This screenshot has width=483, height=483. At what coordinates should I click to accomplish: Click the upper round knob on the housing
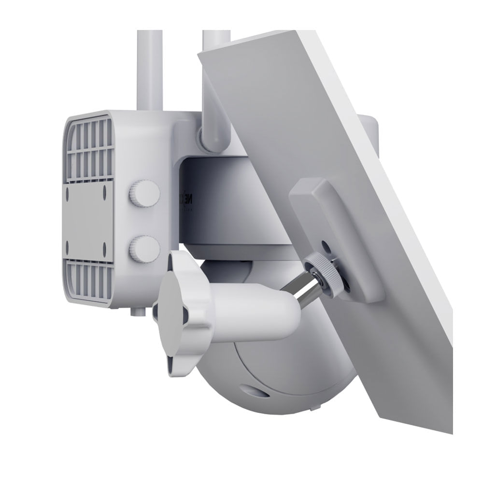tap(144, 193)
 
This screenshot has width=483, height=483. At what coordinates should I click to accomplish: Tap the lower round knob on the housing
tap(144, 249)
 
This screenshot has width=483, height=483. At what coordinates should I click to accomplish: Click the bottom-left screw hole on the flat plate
tap(68, 247)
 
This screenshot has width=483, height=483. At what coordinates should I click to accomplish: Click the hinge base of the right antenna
tap(213, 138)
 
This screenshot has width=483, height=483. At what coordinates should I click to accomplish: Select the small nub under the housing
tap(137, 312)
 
